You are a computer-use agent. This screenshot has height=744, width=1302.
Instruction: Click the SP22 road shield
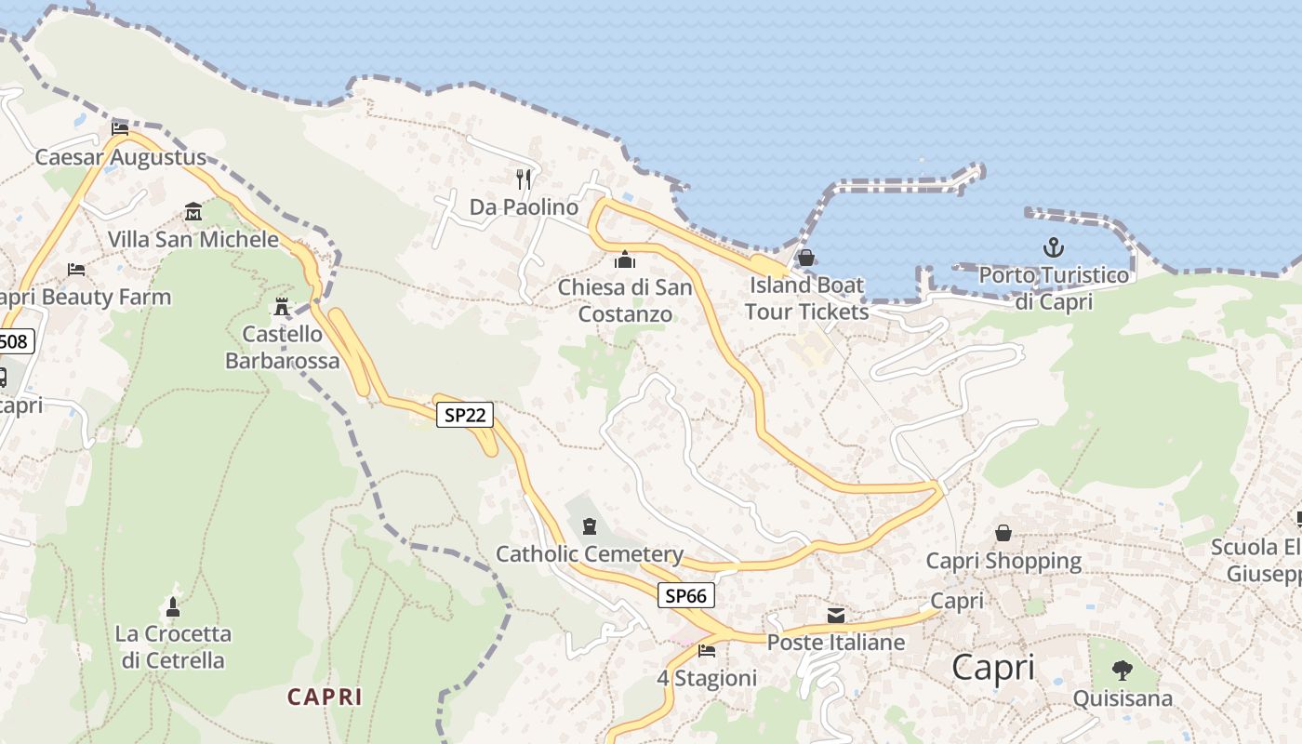pos(465,415)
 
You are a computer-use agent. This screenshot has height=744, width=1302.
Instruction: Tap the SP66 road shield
pos(686,595)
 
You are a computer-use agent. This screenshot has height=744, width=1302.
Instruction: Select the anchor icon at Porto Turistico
pos(1053,247)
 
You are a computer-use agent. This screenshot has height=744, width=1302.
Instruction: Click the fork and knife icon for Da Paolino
pos(524,179)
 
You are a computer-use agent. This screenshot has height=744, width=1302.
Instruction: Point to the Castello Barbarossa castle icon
pos(282,306)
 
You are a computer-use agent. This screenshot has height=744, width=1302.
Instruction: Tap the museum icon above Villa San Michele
pos(193,211)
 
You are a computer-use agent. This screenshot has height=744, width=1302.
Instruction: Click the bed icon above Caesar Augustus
pos(120,128)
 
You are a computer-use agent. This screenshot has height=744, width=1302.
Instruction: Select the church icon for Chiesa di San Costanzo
pos(625,259)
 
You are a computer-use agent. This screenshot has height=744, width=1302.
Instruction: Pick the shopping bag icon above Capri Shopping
pos(1003,533)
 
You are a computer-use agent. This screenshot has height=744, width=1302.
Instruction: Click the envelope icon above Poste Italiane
pos(836,615)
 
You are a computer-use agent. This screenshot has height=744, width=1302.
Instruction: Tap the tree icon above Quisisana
pos(1123,670)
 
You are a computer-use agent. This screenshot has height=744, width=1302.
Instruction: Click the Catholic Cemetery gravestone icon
pos(589,527)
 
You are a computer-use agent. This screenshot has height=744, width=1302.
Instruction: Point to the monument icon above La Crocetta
pos(172,607)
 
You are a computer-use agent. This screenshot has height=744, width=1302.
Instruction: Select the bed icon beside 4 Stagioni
pos(707,650)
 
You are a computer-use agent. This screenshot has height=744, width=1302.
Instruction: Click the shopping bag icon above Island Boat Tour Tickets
pos(806,258)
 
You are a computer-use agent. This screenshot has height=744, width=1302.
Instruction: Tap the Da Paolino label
pos(524,207)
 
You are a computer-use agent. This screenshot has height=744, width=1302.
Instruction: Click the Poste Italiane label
pos(835,643)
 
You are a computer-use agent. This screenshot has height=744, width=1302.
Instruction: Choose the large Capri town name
pos(993,668)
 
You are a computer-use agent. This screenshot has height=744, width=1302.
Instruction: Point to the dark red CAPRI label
pos(325,697)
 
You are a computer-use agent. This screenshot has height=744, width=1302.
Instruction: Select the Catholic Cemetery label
pos(590,555)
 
